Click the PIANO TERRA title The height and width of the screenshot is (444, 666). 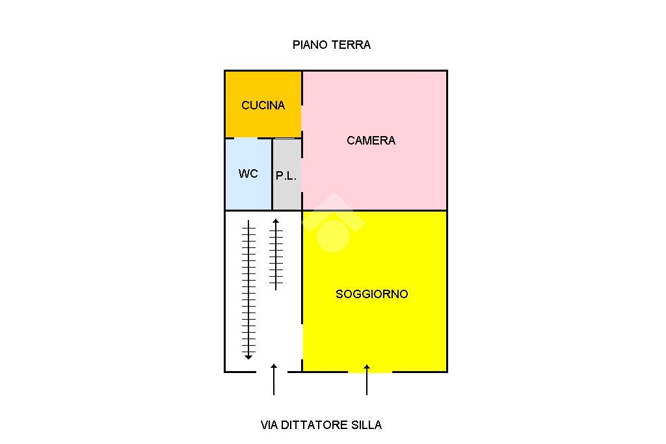point(331,45)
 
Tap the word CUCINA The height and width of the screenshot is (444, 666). point(263,105)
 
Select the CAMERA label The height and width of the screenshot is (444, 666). point(371,141)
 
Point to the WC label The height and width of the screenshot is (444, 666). point(248,174)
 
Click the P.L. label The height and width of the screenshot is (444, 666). point(286,176)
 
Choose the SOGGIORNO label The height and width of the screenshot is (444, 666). point(371,294)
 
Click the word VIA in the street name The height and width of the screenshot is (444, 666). point(269,425)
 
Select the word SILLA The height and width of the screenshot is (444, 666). point(367,425)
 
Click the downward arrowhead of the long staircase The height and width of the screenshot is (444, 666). point(248,356)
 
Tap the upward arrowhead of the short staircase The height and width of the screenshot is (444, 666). point(276,222)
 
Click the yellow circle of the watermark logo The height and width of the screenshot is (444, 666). point(333,235)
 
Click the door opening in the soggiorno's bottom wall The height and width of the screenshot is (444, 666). point(369,372)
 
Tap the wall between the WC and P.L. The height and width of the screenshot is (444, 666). point(272,174)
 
